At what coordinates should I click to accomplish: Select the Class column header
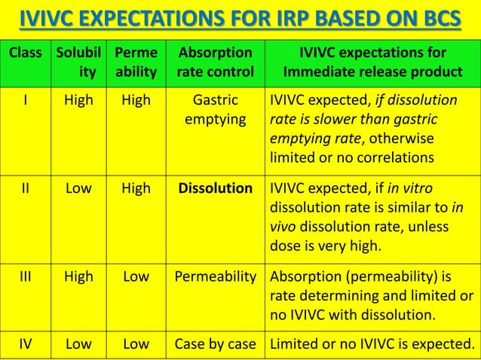click(24, 53)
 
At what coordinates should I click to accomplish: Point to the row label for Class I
click(24, 100)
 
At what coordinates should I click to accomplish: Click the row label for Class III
click(24, 276)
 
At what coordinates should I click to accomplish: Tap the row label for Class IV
click(24, 344)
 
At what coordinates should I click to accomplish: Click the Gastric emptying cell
click(215, 110)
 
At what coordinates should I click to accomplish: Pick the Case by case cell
click(215, 344)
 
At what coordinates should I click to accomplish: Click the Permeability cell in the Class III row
click(215, 276)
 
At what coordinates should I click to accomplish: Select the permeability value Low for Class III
click(136, 276)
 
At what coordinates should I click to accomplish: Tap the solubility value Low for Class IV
click(78, 344)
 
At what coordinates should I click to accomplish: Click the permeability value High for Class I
click(136, 100)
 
